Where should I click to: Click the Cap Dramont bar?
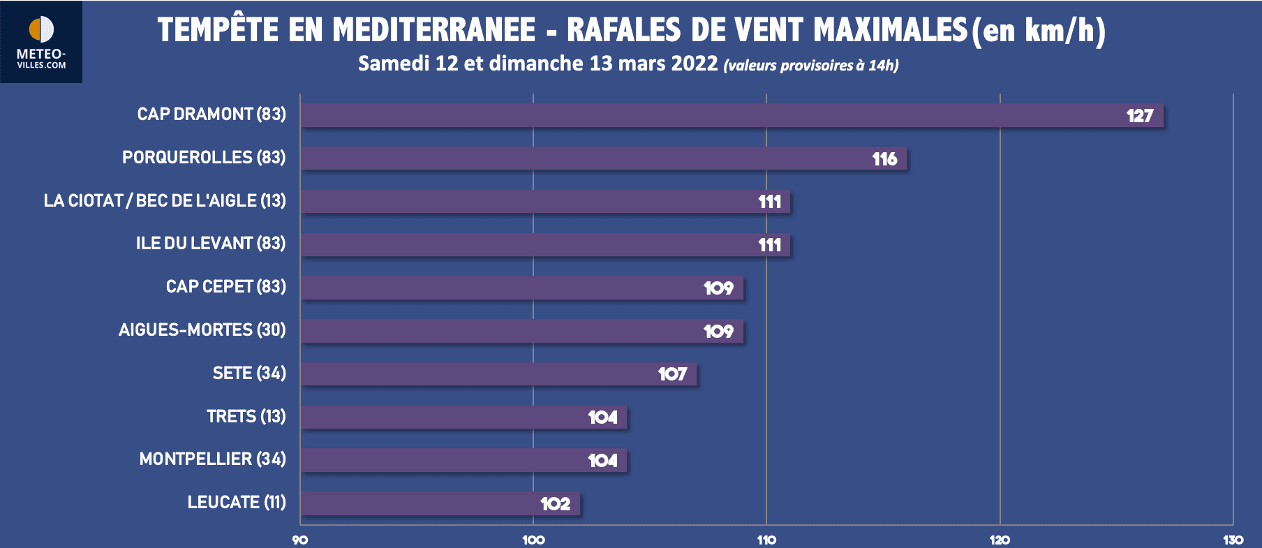698,115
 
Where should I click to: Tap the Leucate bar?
419,503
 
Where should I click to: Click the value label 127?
1140,116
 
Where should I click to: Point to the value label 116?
884,159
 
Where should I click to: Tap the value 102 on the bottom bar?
555,503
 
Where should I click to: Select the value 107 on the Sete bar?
672,374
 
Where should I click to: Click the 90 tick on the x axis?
300,540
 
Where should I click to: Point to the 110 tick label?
766,540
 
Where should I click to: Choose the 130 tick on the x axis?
1233,540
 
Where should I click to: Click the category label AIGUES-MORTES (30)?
202,329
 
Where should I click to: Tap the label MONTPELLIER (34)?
212,459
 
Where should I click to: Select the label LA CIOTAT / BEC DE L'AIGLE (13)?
165,200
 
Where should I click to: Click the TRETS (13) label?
246,416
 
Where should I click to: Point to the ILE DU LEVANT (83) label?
211,243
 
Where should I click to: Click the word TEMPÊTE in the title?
218,30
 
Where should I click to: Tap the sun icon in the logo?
41,29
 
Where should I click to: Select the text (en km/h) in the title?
1039,30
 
